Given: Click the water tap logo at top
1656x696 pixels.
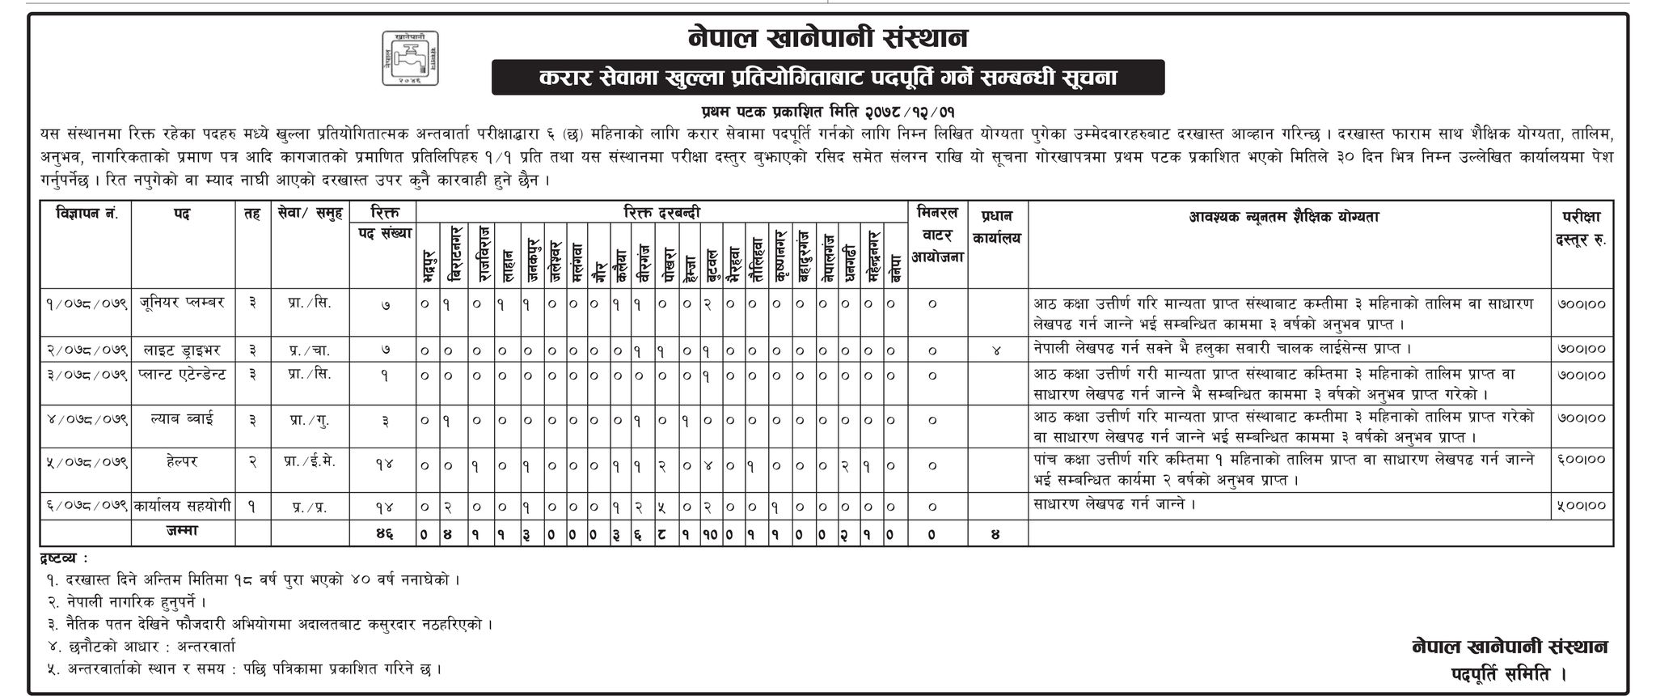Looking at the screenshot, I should tap(411, 58).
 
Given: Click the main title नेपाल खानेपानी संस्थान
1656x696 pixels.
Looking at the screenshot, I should tap(827, 36).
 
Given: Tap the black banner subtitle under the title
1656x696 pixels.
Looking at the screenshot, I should tap(827, 78).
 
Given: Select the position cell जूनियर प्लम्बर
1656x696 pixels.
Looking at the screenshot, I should tap(183, 303).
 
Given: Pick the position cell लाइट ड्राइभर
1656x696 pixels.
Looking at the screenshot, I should tap(183, 350).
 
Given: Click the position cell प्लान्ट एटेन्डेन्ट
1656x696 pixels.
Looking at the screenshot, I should tap(183, 375).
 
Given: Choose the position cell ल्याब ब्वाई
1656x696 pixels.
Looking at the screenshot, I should tap(183, 419).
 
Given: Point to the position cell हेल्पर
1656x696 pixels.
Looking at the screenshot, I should tap(183, 461).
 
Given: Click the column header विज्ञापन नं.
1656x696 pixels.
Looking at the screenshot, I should tap(87, 215).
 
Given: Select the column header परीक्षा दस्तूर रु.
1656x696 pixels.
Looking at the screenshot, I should tap(1582, 227).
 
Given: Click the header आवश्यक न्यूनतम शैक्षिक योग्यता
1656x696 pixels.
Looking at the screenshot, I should tap(1289, 216).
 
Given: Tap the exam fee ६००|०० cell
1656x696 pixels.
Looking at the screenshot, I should tap(1582, 460).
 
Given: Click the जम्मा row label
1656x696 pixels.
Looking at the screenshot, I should tap(183, 532).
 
